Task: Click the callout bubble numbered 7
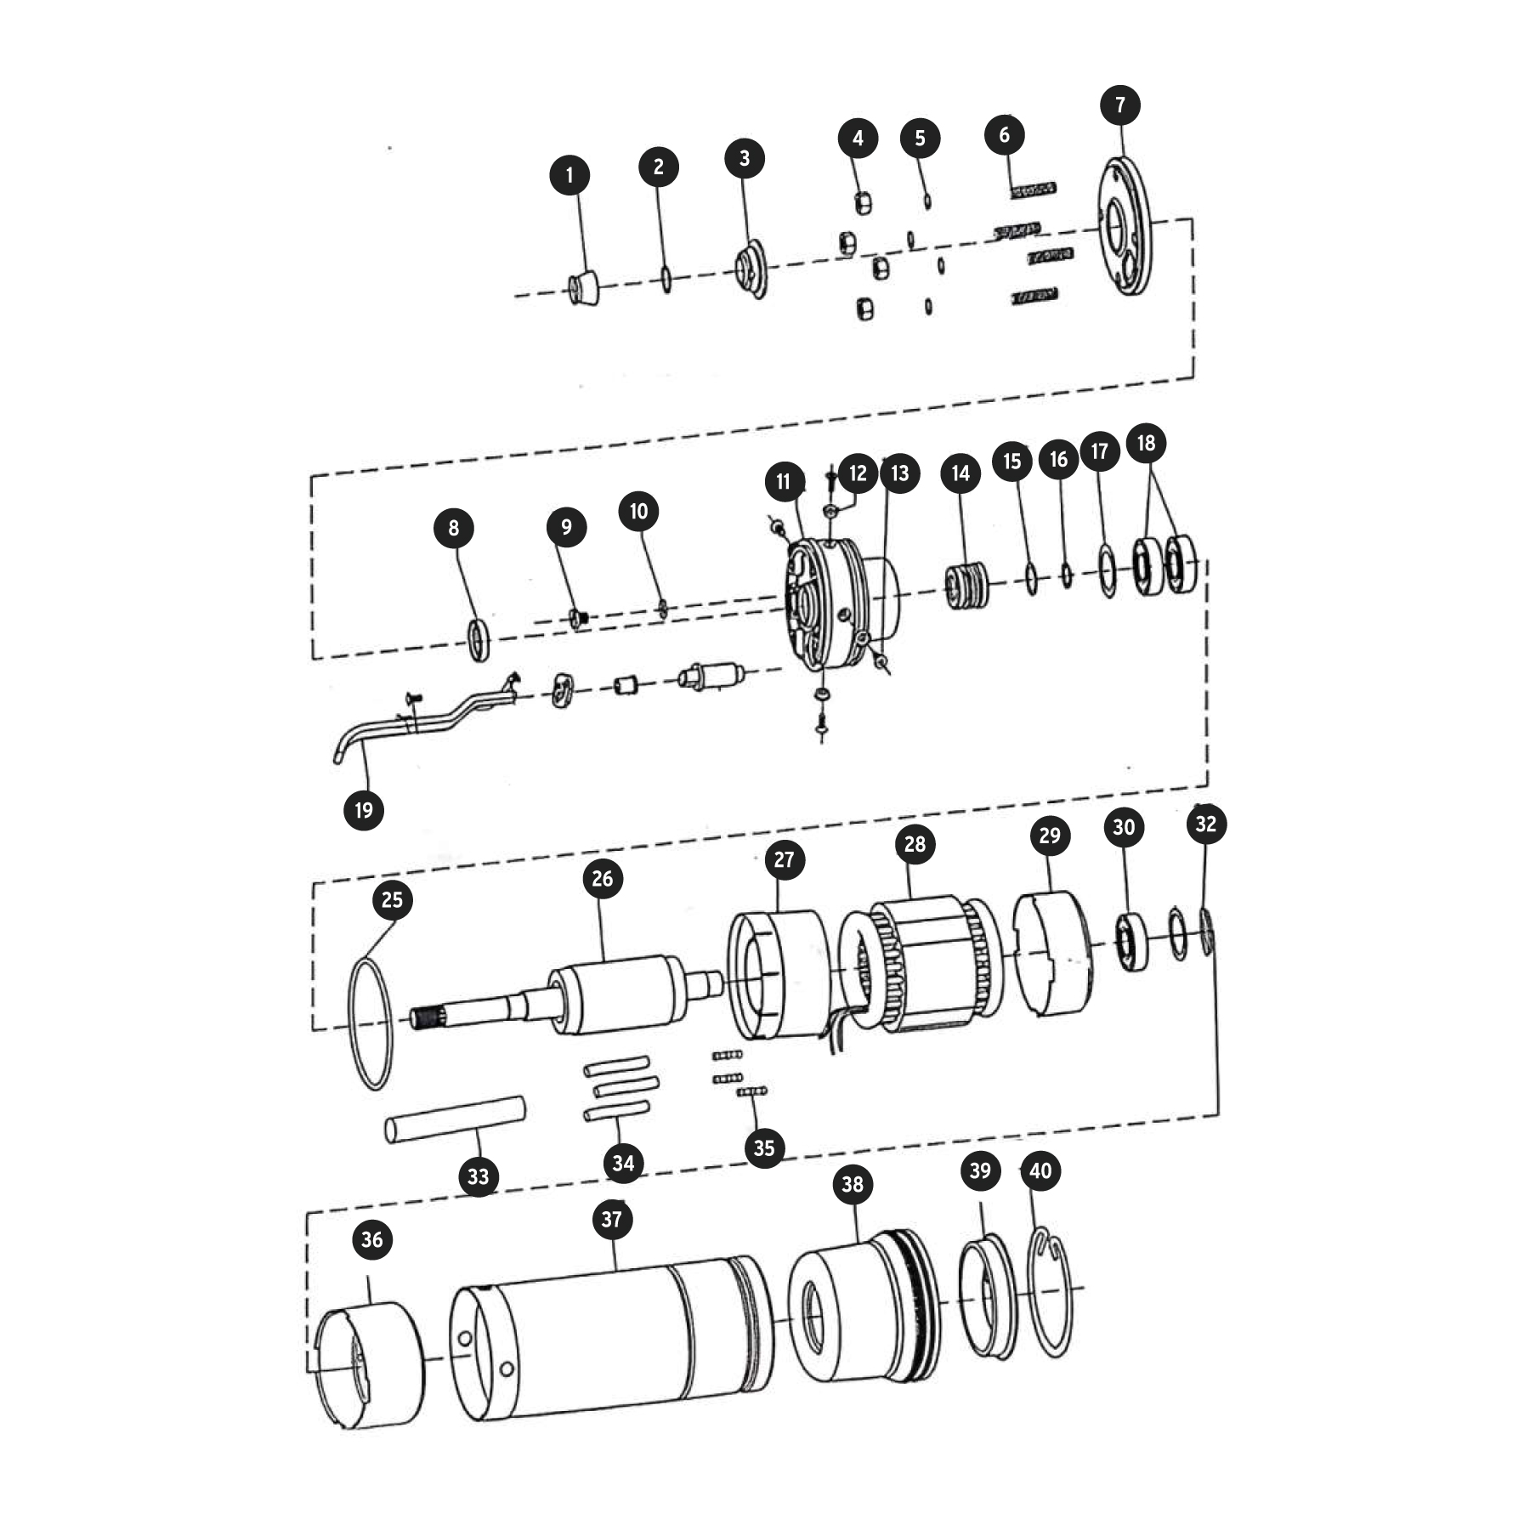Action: coord(1120,105)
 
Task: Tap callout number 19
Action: coord(364,809)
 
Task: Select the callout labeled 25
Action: coord(392,899)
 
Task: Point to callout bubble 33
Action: coord(479,1176)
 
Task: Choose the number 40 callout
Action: coord(1040,1170)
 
